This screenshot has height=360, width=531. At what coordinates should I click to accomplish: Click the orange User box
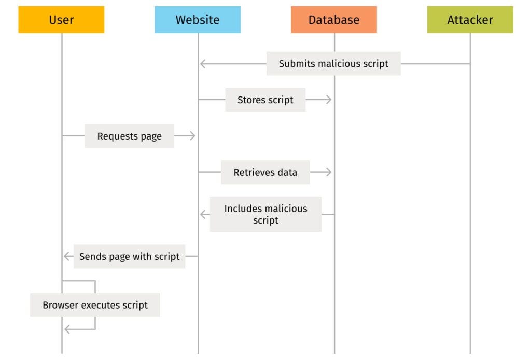(61, 20)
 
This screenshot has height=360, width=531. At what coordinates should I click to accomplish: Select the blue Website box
(198, 20)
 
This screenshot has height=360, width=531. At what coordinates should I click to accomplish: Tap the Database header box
(334, 20)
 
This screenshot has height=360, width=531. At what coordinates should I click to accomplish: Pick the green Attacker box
(470, 20)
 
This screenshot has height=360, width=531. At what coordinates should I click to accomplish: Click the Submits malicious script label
(333, 64)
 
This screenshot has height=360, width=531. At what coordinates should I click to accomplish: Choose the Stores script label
(265, 100)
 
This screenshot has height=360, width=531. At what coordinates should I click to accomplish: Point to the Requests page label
(129, 136)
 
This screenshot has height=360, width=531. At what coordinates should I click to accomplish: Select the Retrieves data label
(265, 172)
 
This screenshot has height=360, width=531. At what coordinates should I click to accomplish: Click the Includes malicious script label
(265, 214)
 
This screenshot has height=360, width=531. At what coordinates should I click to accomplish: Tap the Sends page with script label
(129, 256)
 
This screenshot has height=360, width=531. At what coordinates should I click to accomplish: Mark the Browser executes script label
(95, 305)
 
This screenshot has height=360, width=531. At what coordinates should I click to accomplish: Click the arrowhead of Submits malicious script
(203, 64)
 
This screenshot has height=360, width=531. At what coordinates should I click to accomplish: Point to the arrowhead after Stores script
(328, 100)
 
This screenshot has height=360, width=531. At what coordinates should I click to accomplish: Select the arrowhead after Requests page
(192, 136)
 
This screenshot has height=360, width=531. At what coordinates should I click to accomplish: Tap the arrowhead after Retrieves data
(328, 172)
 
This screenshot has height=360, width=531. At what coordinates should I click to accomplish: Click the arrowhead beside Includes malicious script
(203, 214)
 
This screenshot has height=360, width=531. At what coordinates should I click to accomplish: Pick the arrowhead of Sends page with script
(66, 256)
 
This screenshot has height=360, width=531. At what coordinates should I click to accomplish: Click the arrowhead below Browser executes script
(67, 329)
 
